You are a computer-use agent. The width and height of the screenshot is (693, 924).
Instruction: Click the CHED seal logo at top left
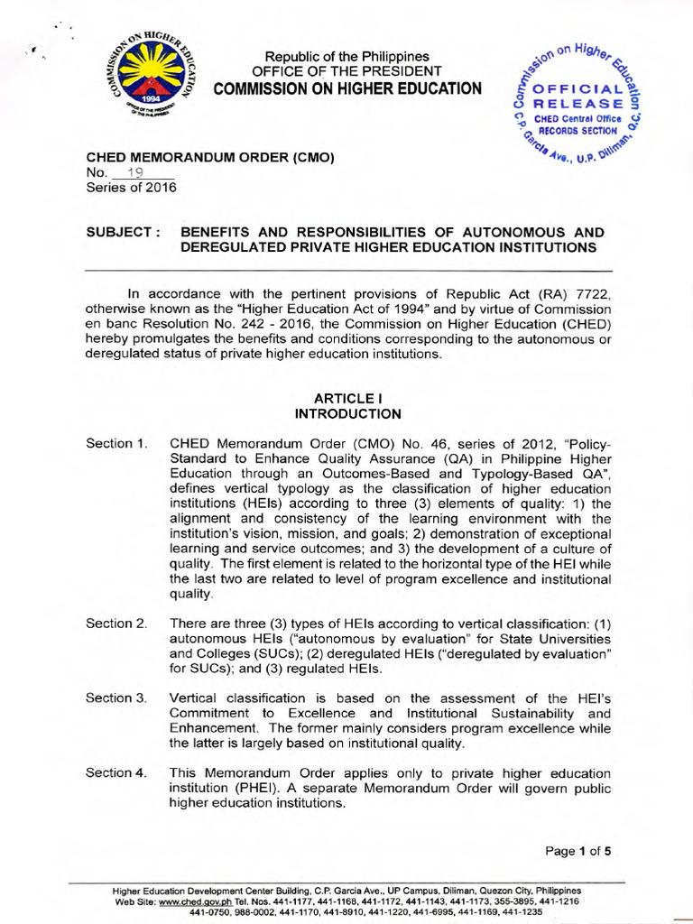pyautogui.click(x=149, y=76)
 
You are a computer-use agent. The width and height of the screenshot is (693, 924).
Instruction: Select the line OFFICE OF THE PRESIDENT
pyautogui.click(x=346, y=71)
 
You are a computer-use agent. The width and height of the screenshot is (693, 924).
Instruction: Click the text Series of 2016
pyautogui.click(x=131, y=188)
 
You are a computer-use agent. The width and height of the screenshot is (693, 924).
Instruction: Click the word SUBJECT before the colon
pyautogui.click(x=118, y=232)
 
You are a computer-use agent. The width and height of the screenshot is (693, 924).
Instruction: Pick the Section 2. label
pyautogui.click(x=116, y=624)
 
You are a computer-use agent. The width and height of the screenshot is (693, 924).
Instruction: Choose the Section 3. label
pyautogui.click(x=116, y=698)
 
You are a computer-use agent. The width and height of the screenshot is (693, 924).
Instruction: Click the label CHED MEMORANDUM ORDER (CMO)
pyautogui.click(x=210, y=158)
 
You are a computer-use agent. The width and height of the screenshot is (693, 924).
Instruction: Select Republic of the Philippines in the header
pyautogui.click(x=346, y=57)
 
